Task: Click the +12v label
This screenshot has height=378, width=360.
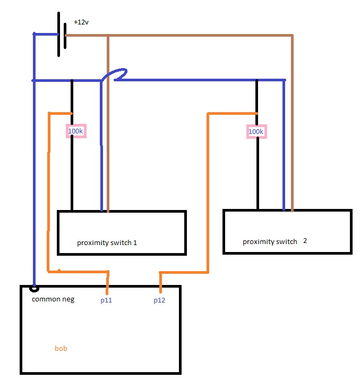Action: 81,22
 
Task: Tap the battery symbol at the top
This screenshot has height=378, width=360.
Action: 62,35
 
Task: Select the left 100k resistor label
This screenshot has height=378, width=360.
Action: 75,131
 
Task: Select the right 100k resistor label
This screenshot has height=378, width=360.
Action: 256,131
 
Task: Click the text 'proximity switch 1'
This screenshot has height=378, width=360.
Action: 107,243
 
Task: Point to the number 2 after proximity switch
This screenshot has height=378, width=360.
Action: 305,240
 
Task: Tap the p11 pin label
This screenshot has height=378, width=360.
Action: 106,300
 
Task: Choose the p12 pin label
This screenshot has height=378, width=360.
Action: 159,300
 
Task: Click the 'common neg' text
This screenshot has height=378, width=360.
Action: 53,299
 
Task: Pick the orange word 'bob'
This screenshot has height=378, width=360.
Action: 61,349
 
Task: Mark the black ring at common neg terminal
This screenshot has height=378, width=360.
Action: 35,288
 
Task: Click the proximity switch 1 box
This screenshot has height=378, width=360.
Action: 122,232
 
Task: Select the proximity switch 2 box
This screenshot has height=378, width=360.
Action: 287,231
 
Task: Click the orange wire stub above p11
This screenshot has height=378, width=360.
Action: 108,281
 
